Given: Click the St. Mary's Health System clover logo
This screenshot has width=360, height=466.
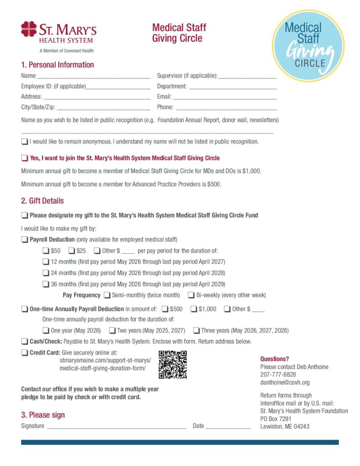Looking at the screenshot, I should point(29,29).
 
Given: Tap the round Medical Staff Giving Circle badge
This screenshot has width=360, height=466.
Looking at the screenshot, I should point(308,46).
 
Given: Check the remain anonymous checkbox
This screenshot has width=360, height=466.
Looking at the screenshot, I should point(25,142).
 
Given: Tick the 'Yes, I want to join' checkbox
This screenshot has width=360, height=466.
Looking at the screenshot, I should point(25,158).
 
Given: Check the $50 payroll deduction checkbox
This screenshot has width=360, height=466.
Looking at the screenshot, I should point(46,250).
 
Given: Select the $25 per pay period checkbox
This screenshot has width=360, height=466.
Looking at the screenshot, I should point(71,250).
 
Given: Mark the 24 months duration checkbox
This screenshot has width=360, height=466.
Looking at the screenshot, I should point(46,273).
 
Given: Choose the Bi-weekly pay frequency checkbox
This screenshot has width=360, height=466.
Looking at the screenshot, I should point(192,295).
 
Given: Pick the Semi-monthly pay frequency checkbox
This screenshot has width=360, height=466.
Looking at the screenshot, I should point(107,295).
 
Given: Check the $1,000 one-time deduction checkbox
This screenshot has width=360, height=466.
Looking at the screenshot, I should point(193,309).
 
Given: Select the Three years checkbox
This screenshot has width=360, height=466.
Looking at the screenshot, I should point(196,330).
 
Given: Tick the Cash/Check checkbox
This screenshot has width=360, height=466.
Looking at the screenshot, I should point(25,341).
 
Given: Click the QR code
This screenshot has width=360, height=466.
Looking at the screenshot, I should point(172,364).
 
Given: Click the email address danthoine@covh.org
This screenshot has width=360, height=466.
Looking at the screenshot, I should point(284,382).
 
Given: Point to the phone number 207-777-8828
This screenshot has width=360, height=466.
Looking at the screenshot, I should point(278,375).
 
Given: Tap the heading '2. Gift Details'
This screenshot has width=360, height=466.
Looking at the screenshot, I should point(42,201).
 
